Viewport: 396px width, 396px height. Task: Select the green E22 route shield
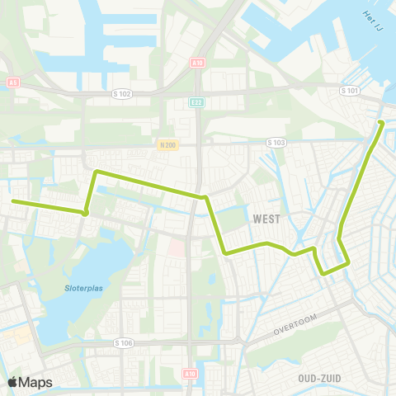point(197,102)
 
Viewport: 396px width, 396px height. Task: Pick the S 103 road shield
point(276,143)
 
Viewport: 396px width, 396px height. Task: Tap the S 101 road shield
point(351,91)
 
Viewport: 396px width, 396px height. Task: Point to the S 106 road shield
point(124,342)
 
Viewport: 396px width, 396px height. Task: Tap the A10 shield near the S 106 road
point(189,373)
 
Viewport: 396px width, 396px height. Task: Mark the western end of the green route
point(12,200)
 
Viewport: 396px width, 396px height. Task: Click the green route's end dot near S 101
point(381,123)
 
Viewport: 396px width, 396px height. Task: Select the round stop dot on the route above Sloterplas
point(85,213)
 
